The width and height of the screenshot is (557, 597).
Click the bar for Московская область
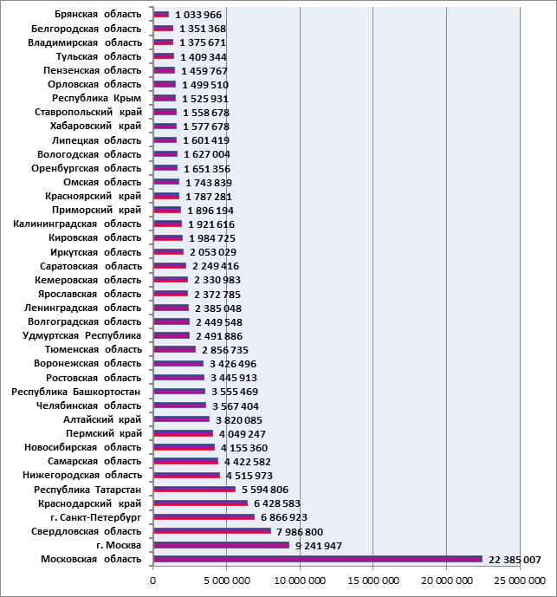click(318, 559)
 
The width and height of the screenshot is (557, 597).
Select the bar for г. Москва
click(222, 545)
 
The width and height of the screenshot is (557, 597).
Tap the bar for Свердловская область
click(212, 531)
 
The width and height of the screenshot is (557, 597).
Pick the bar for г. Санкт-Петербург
click(204, 517)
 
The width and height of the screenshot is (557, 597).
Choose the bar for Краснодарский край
click(201, 503)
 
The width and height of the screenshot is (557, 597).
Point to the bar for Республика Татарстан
click(195, 490)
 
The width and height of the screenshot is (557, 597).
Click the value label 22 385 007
click(515, 560)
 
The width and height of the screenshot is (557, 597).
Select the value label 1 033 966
click(198, 15)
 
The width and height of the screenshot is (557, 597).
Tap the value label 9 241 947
click(319, 546)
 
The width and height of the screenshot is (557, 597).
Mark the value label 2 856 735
click(225, 350)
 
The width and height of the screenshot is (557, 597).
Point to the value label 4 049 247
click(243, 434)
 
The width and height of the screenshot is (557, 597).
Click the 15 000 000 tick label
click(373, 581)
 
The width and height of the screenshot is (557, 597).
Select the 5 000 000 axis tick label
click(227, 581)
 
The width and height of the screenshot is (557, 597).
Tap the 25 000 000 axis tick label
click(520, 581)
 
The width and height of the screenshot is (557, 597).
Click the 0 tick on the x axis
click(153, 581)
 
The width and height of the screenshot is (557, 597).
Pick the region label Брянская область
click(98, 15)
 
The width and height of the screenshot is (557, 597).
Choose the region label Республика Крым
click(97, 98)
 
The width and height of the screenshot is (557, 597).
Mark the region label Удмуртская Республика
click(81, 335)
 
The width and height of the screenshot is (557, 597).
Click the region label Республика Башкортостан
click(76, 392)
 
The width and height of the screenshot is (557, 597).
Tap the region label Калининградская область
click(77, 224)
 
